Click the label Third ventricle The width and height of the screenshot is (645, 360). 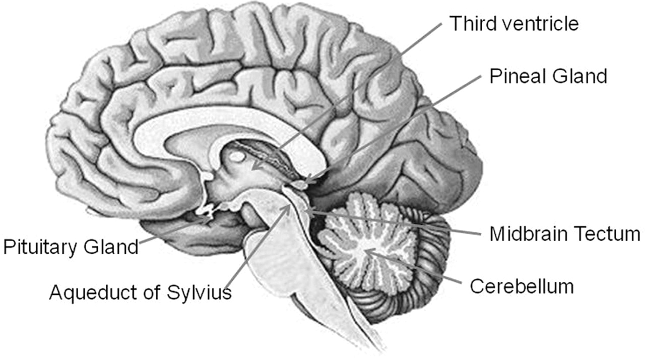(514, 23)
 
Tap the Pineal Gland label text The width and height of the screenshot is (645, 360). (548, 76)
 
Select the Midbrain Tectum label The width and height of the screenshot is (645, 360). (565, 233)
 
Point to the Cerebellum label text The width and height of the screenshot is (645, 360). (522, 286)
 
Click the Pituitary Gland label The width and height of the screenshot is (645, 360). (71, 247)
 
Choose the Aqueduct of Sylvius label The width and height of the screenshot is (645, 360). (141, 292)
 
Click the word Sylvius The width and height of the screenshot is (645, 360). (199, 292)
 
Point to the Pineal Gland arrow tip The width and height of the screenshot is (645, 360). (305, 183)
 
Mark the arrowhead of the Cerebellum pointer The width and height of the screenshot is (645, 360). (366, 250)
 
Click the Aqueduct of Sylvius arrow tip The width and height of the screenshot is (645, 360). (289, 205)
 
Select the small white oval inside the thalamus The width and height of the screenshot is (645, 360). (237, 157)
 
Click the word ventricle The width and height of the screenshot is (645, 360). (541, 23)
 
